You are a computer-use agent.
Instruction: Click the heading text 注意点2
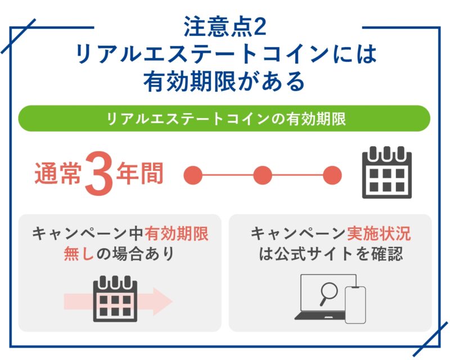coord(225,26)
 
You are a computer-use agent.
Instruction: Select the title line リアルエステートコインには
coord(226,53)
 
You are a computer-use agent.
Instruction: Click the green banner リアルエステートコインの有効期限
coord(224,119)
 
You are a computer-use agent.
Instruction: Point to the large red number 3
coord(99,174)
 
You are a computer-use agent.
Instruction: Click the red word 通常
coord(58,173)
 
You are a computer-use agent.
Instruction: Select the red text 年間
coord(140,173)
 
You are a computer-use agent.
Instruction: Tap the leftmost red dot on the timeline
coord(193,175)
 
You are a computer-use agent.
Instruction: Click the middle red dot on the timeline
coord(263,175)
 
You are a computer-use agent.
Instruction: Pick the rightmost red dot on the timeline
coord(332,175)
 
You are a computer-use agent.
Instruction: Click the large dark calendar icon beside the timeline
coord(387,173)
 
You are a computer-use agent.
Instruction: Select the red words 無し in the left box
coord(79,254)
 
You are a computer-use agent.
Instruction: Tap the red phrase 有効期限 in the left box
coord(177,233)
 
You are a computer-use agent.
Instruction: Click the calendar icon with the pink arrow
coord(115,299)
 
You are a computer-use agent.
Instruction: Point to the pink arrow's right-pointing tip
coord(172,301)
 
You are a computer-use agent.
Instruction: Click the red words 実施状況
coord(379,233)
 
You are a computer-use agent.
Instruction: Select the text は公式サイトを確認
coord(331,254)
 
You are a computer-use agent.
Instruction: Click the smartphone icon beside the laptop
coord(355,305)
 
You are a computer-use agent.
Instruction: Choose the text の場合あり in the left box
coord(135,254)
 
